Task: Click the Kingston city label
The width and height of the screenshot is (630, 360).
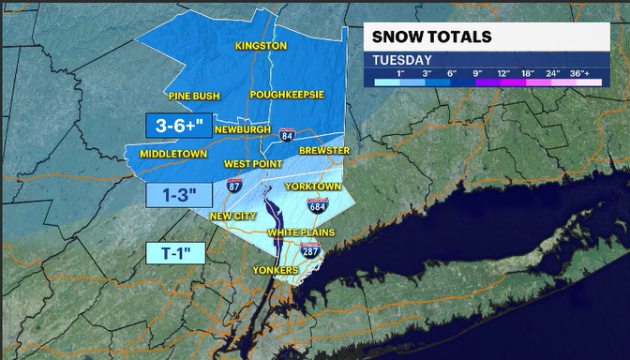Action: tap(261, 45)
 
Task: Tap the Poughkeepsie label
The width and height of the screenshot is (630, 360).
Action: tap(286, 95)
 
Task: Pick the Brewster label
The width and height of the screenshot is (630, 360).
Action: tap(323, 150)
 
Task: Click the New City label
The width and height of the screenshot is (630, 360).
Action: tap(232, 216)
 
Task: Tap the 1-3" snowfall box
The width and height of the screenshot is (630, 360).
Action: tap(173, 195)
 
